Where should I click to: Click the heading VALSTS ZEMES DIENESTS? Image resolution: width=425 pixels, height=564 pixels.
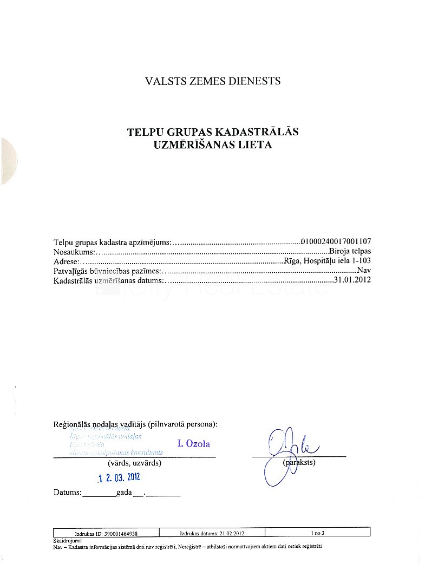click(x=213, y=81)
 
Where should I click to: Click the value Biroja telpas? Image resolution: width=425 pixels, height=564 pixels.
click(x=350, y=251)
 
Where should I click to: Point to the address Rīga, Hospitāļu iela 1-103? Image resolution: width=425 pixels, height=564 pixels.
click(x=327, y=261)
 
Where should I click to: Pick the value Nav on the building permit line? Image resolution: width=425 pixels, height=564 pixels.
click(x=364, y=271)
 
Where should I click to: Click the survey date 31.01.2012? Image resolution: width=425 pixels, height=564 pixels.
click(x=353, y=280)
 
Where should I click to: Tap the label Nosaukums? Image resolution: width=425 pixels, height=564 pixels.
click(x=74, y=252)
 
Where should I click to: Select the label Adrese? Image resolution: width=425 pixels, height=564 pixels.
click(x=66, y=261)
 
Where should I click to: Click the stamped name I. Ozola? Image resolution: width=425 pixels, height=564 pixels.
click(x=193, y=444)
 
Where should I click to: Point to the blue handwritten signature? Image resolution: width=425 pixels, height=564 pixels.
click(x=287, y=452)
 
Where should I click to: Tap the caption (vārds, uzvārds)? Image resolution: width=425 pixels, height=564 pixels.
click(x=134, y=463)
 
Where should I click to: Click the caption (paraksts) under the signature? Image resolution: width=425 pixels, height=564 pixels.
click(x=299, y=463)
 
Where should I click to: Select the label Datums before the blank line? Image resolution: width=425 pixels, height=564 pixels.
click(x=67, y=493)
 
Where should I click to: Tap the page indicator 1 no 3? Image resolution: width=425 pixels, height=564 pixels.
click(x=317, y=533)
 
